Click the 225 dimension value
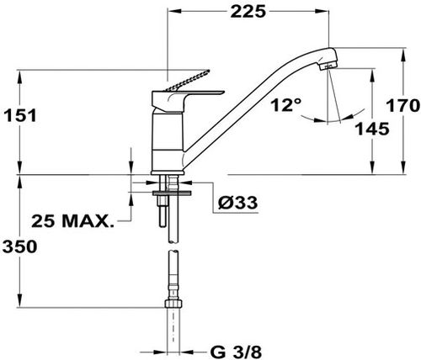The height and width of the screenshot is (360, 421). (x=248, y=12)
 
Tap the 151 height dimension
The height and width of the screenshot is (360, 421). (x=19, y=115)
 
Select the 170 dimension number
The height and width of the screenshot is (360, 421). (x=403, y=106)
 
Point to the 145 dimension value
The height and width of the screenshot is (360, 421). (x=372, y=129)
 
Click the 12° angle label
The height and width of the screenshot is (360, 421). (x=285, y=105)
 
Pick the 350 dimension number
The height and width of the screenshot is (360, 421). (x=19, y=246)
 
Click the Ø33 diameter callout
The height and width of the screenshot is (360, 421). (x=237, y=203)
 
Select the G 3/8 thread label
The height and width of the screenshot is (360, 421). (x=236, y=352)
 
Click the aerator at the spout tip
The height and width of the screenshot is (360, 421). (x=328, y=66)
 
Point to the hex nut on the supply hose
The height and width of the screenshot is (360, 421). (x=173, y=304)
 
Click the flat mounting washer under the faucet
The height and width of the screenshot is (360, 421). (x=172, y=193)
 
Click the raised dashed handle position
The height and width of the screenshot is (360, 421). (x=189, y=81)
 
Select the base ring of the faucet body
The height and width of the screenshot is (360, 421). (x=168, y=172)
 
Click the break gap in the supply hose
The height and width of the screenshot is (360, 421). (x=173, y=246)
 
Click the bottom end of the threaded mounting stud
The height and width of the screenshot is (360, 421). (x=163, y=226)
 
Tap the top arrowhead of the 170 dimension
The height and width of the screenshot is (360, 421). (x=403, y=55)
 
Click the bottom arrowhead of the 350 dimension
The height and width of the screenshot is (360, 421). (x=19, y=301)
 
